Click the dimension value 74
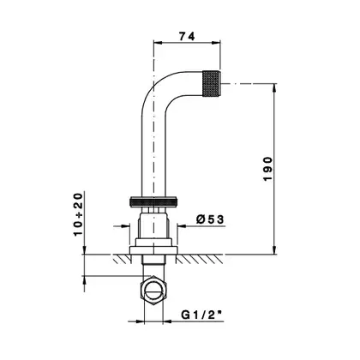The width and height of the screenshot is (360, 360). [187, 36]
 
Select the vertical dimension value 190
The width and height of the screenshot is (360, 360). [268, 169]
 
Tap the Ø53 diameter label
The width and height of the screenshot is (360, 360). [210, 219]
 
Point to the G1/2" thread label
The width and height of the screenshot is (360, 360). [202, 315]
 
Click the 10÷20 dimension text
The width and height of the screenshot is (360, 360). [78, 214]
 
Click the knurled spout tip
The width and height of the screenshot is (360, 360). [212, 83]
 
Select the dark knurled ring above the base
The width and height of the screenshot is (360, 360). [153, 201]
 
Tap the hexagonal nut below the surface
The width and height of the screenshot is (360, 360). [153, 291]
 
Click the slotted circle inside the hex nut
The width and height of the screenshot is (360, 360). [153, 291]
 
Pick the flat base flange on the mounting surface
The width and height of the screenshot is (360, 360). [153, 250]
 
